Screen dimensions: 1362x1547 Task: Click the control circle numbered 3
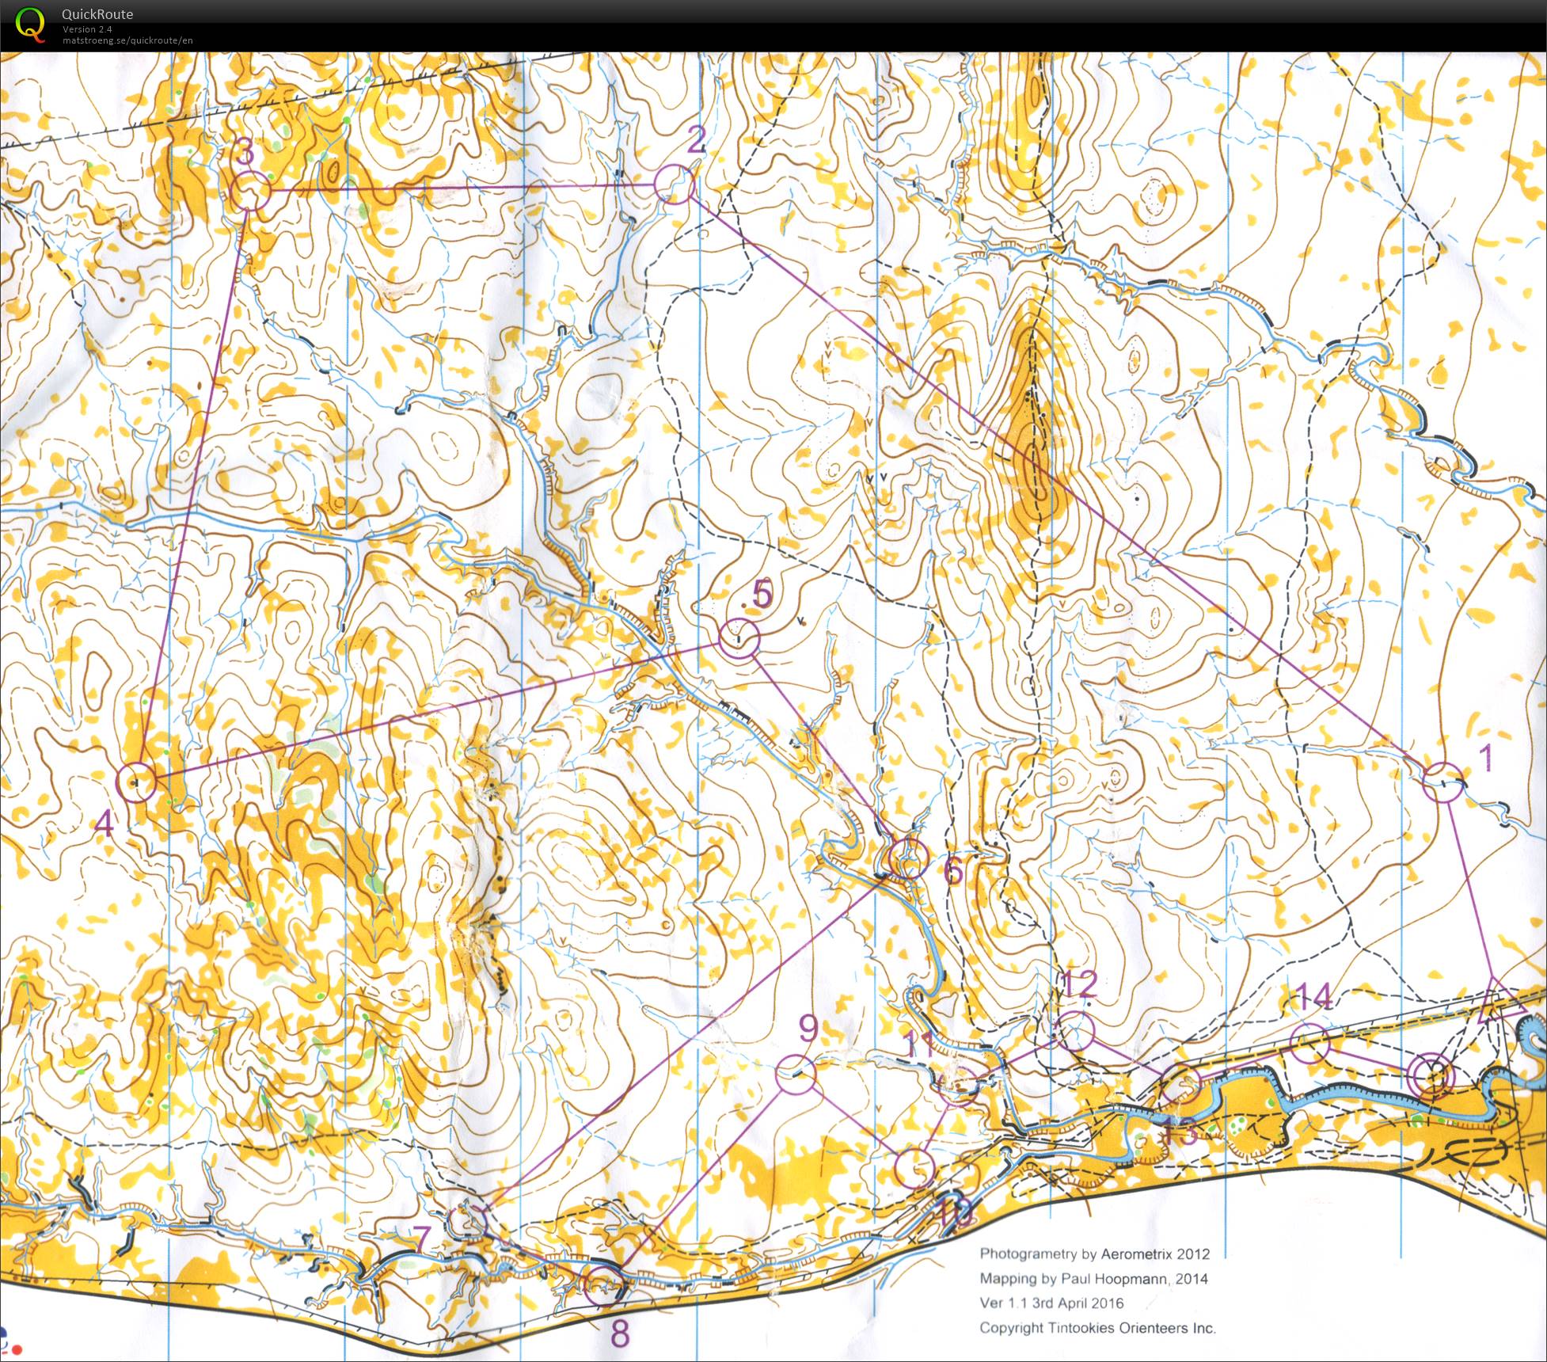(x=252, y=192)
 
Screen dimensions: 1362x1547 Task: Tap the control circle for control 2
(x=674, y=185)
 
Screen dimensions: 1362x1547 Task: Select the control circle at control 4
(x=136, y=782)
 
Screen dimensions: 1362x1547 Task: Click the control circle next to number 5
(x=739, y=638)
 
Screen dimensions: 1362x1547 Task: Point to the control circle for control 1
(x=1442, y=782)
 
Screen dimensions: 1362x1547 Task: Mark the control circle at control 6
(x=908, y=858)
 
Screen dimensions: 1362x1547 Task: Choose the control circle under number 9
(x=795, y=1074)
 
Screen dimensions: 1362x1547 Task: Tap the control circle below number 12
(x=1074, y=1031)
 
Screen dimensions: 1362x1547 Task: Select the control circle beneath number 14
(x=1309, y=1042)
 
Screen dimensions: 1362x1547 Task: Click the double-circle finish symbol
(x=1434, y=1077)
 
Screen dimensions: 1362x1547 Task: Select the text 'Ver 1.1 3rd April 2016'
(x=1051, y=1303)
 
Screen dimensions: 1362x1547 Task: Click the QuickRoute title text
(x=97, y=14)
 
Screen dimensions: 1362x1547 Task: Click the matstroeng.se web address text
(x=127, y=40)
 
